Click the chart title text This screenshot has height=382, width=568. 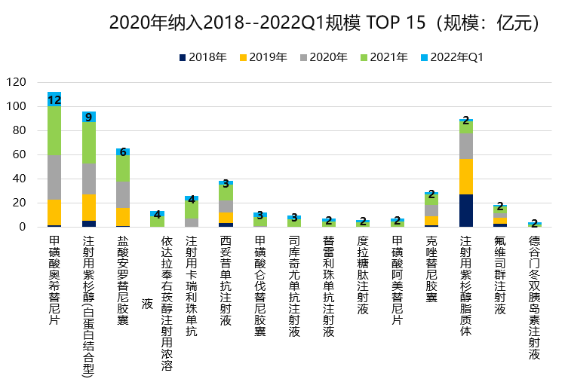coord(324,23)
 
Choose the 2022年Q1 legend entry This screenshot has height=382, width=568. coord(456,58)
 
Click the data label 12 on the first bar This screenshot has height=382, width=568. coord(54,99)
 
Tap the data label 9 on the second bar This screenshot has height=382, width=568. coord(89,117)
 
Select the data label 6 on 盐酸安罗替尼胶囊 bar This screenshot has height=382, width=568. coord(123,151)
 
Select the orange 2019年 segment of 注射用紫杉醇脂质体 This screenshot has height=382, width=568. coord(466,176)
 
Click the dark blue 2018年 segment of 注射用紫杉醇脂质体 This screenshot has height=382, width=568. coord(466,210)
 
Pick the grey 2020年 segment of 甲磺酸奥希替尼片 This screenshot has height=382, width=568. coord(54,177)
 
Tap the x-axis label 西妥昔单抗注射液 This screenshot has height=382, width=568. coord(226,279)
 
